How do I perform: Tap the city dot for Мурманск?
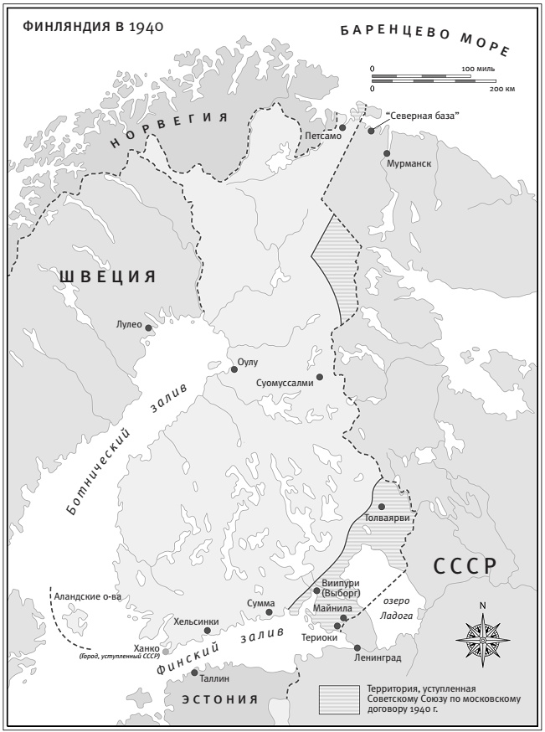click(x=387, y=153)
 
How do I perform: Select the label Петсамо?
click(x=323, y=134)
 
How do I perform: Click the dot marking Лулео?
click(x=149, y=328)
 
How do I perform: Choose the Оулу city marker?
click(x=234, y=369)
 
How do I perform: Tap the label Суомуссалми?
click(x=285, y=383)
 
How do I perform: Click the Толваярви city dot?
click(x=382, y=507)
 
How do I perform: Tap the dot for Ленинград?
click(x=357, y=647)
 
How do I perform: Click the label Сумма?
click(x=260, y=602)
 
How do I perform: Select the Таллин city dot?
click(x=195, y=672)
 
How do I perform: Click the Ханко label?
click(x=143, y=648)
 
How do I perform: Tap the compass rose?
click(x=481, y=640)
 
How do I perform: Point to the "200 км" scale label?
click(x=501, y=88)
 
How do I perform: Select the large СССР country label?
click(x=465, y=565)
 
